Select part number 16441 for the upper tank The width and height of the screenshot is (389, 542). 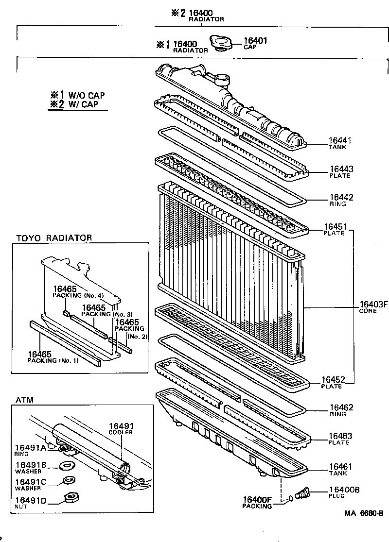340,141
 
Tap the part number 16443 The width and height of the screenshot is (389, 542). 341,169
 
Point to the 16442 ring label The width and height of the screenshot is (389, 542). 341,198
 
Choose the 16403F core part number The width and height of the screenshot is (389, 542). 374,305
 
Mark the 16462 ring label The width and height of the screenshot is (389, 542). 341,408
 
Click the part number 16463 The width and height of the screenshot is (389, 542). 341,437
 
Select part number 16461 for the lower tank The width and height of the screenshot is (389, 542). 341,467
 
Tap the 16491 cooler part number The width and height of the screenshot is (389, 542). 120,425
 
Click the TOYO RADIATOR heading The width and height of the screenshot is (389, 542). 54,238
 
